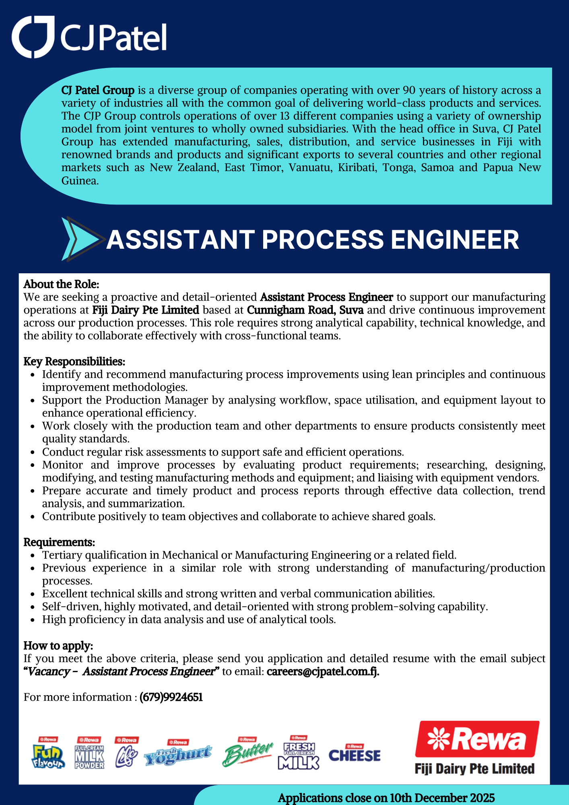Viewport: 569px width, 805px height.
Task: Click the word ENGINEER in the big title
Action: tap(455, 240)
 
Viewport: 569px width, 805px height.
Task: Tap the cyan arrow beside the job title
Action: tap(80, 239)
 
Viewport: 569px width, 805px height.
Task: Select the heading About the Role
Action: tap(61, 284)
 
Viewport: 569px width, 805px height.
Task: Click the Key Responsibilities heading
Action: tap(74, 361)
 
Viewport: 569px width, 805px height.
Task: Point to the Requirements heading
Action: tap(59, 542)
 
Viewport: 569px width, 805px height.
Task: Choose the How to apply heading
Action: tap(58, 646)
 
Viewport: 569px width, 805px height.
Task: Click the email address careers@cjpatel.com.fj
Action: tap(323, 671)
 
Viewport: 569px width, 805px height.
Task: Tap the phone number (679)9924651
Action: tap(171, 697)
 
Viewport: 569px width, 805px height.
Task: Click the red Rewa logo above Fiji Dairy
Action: tap(477, 739)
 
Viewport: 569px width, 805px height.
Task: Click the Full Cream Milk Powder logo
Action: tap(89, 753)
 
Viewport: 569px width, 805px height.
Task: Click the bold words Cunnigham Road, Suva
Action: tap(305, 310)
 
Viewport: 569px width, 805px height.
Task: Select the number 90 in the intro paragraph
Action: tap(409, 90)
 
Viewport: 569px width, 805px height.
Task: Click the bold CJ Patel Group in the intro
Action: tap(98, 90)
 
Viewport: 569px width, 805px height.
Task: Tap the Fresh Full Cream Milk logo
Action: tap(299, 753)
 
